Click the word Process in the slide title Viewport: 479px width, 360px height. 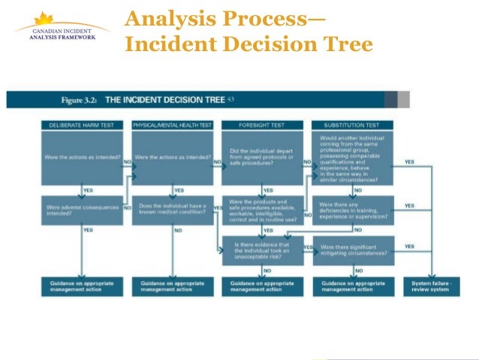click(x=258, y=19)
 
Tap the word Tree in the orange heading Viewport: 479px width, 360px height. click(x=344, y=45)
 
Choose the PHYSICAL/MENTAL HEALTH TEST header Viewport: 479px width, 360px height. click(x=173, y=124)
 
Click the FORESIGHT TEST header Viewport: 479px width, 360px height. click(x=262, y=124)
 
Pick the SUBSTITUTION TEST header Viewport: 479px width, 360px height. click(x=351, y=124)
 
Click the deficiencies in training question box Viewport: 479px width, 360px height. click(x=352, y=210)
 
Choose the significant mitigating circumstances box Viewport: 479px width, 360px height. click(x=352, y=250)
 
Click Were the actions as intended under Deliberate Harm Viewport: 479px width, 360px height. click(x=82, y=157)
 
